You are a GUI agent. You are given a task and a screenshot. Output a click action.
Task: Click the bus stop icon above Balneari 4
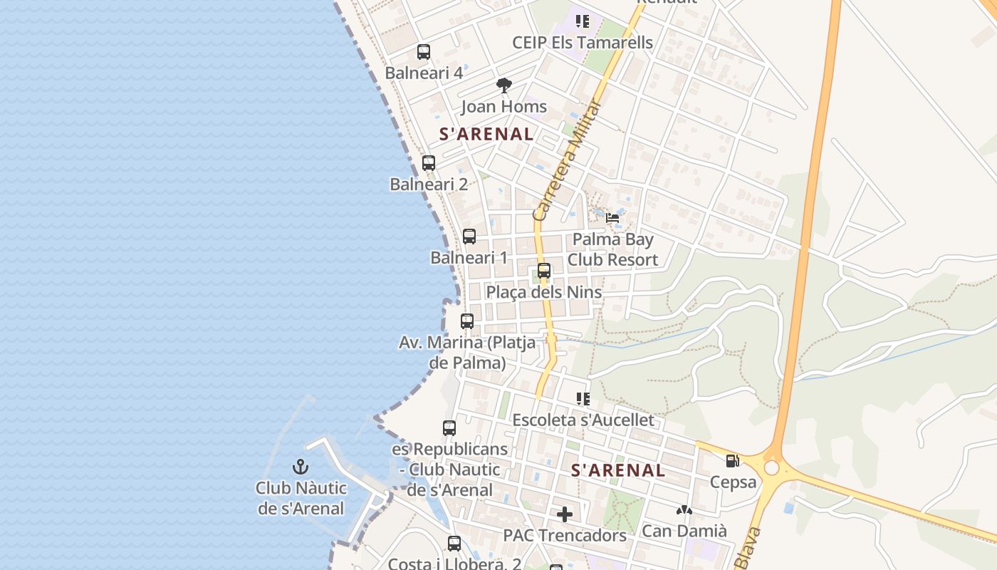coord(424,52)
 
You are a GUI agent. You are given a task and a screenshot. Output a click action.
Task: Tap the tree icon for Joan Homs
coord(504,86)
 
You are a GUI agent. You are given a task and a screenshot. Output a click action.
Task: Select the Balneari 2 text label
coord(429,184)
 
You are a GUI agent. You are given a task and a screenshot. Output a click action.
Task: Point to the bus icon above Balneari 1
coord(469,237)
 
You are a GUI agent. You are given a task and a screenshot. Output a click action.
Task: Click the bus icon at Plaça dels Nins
coord(544,271)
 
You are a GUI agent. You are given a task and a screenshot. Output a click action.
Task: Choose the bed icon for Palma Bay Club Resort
coord(612,218)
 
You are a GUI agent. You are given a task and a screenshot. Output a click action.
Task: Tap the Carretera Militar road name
coord(568,160)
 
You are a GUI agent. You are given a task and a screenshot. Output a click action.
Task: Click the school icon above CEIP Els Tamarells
coord(583,21)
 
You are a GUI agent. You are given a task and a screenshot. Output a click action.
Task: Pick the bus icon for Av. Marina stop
coord(467,321)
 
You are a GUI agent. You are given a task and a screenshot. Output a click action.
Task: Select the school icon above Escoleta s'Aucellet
coord(583,399)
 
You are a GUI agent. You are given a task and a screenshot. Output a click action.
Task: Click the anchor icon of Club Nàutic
coord(301,467)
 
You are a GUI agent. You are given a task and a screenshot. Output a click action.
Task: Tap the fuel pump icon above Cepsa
coord(733,461)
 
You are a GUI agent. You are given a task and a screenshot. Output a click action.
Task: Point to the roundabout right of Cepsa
coord(772,467)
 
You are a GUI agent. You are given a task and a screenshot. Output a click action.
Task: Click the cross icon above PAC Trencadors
coord(565,514)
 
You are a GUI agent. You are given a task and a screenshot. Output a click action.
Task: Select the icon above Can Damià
coord(684,510)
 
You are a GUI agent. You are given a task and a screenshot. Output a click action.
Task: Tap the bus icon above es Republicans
coord(449,428)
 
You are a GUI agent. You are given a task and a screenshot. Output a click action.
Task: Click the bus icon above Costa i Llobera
coord(454,544)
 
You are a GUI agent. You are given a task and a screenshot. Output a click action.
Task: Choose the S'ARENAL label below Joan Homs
coord(486,134)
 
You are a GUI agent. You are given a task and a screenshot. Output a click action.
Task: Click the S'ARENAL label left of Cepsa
coord(618,470)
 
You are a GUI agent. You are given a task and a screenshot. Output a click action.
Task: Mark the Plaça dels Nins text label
coord(543,292)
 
